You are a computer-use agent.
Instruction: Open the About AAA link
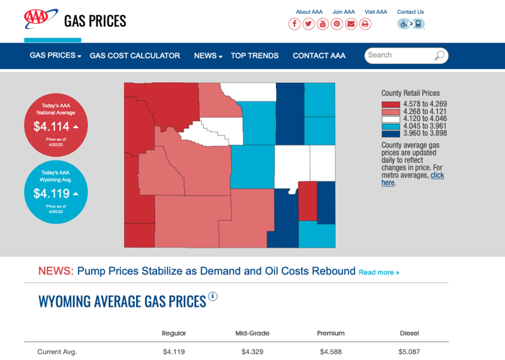point(309,12)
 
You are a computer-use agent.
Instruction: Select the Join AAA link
point(344,12)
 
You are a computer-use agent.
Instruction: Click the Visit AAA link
point(375,12)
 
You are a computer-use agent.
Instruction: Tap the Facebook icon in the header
point(295,24)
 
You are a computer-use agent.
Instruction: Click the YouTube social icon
point(323,24)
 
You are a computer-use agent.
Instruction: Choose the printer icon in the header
point(365,24)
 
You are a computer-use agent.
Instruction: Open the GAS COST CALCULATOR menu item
point(135,55)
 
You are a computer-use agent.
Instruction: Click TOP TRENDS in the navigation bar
point(254,55)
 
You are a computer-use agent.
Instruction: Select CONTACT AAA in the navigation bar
point(319,55)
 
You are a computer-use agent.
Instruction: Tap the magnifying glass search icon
point(439,55)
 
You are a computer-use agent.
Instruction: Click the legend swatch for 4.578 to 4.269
point(390,104)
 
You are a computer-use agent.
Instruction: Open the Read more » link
point(379,272)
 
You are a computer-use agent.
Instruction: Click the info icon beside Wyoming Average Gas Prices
point(213,296)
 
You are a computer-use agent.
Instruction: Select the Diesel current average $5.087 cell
point(409,352)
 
